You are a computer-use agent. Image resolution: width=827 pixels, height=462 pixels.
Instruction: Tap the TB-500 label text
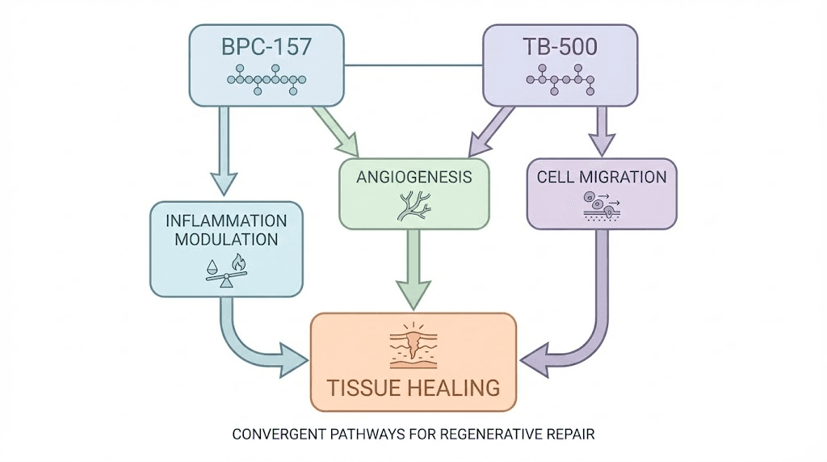coord(561,47)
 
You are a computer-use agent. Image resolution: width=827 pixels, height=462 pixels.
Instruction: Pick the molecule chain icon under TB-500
coord(560,80)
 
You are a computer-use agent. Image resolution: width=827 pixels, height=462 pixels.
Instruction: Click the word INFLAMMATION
coord(227,220)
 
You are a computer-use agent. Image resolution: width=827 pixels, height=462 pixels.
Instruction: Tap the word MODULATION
coord(227,240)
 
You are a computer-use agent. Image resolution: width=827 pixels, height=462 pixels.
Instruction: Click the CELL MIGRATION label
coord(602,177)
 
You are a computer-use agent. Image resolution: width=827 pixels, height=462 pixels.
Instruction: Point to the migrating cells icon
coord(602,205)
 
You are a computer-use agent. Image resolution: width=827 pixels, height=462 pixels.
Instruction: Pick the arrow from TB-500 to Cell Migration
coord(602,129)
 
